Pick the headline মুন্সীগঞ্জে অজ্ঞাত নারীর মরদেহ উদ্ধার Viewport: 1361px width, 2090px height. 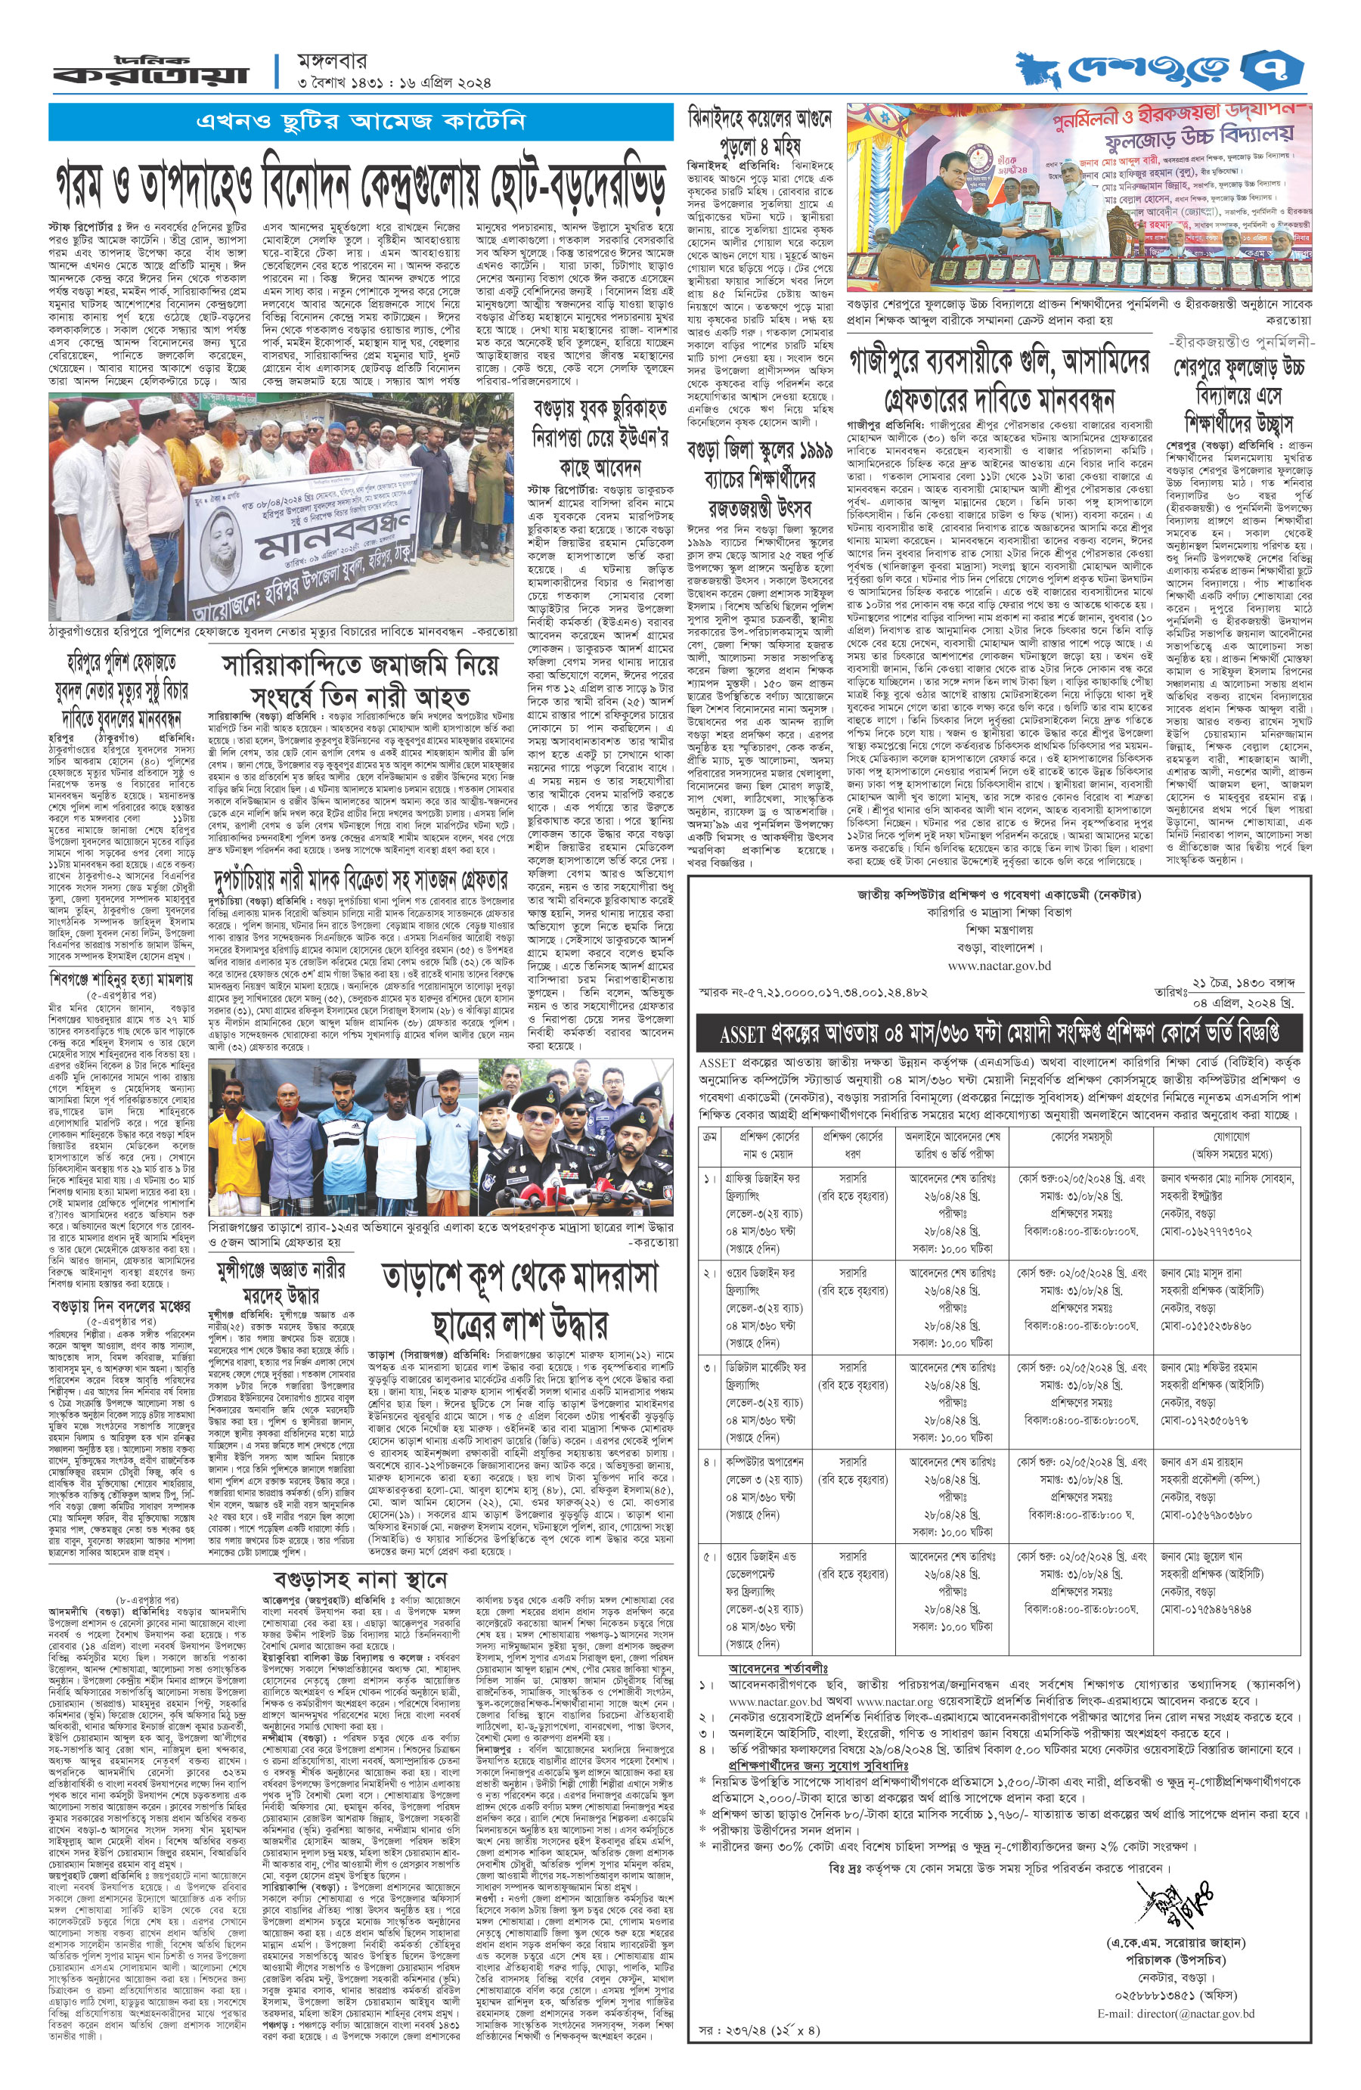[281, 1282]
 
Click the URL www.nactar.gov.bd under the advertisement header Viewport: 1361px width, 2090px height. [998, 965]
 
